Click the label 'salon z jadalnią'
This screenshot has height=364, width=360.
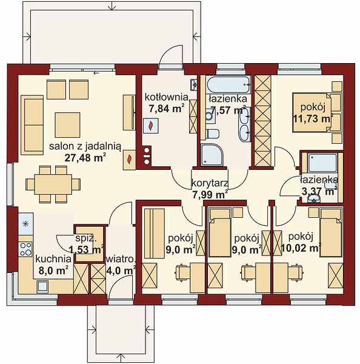pyautogui.click(x=85, y=147)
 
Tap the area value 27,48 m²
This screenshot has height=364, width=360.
pyautogui.click(x=85, y=158)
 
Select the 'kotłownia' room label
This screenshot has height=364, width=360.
pyautogui.click(x=166, y=97)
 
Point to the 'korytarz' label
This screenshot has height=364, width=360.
pyautogui.click(x=210, y=183)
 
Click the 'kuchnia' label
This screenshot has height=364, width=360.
pyautogui.click(x=53, y=259)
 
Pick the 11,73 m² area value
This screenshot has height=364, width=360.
pyautogui.click(x=313, y=119)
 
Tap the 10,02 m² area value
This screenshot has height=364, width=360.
pyautogui.click(x=301, y=248)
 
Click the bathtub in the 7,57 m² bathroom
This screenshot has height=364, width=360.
pyautogui.click(x=229, y=85)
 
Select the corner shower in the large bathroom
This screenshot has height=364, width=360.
pyautogui.click(x=212, y=155)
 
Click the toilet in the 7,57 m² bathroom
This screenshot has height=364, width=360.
pyautogui.click(x=213, y=134)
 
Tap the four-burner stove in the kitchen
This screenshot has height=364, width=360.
pyautogui.click(x=25, y=249)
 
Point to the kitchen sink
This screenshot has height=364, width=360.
pyautogui.click(x=42, y=286)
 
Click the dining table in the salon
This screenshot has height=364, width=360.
pyautogui.click(x=53, y=184)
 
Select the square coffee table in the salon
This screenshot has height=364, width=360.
pyautogui.click(x=67, y=125)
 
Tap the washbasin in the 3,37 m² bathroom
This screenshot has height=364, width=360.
pyautogui.click(x=313, y=198)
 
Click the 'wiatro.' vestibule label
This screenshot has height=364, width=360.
pyautogui.click(x=121, y=259)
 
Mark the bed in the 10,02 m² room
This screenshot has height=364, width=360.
pyautogui.click(x=331, y=232)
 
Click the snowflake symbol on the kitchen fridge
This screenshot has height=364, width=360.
pyautogui.click(x=25, y=224)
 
